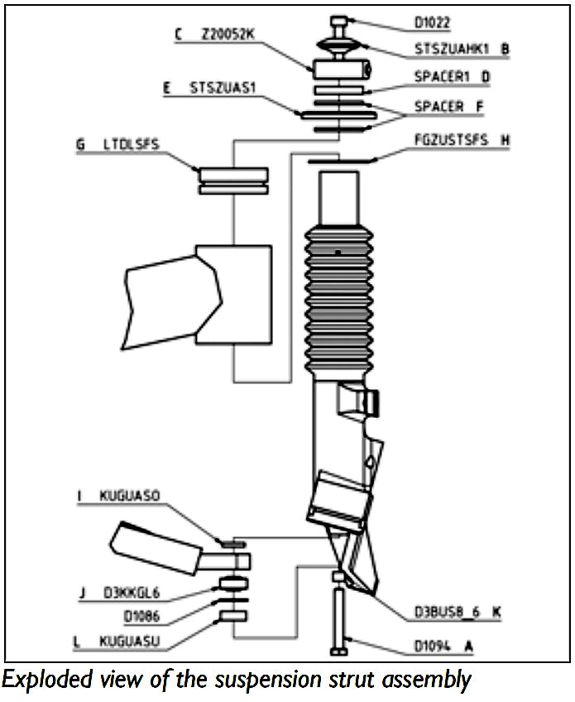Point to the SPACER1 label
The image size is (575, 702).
click(x=442, y=76)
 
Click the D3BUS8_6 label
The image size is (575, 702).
click(x=448, y=613)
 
